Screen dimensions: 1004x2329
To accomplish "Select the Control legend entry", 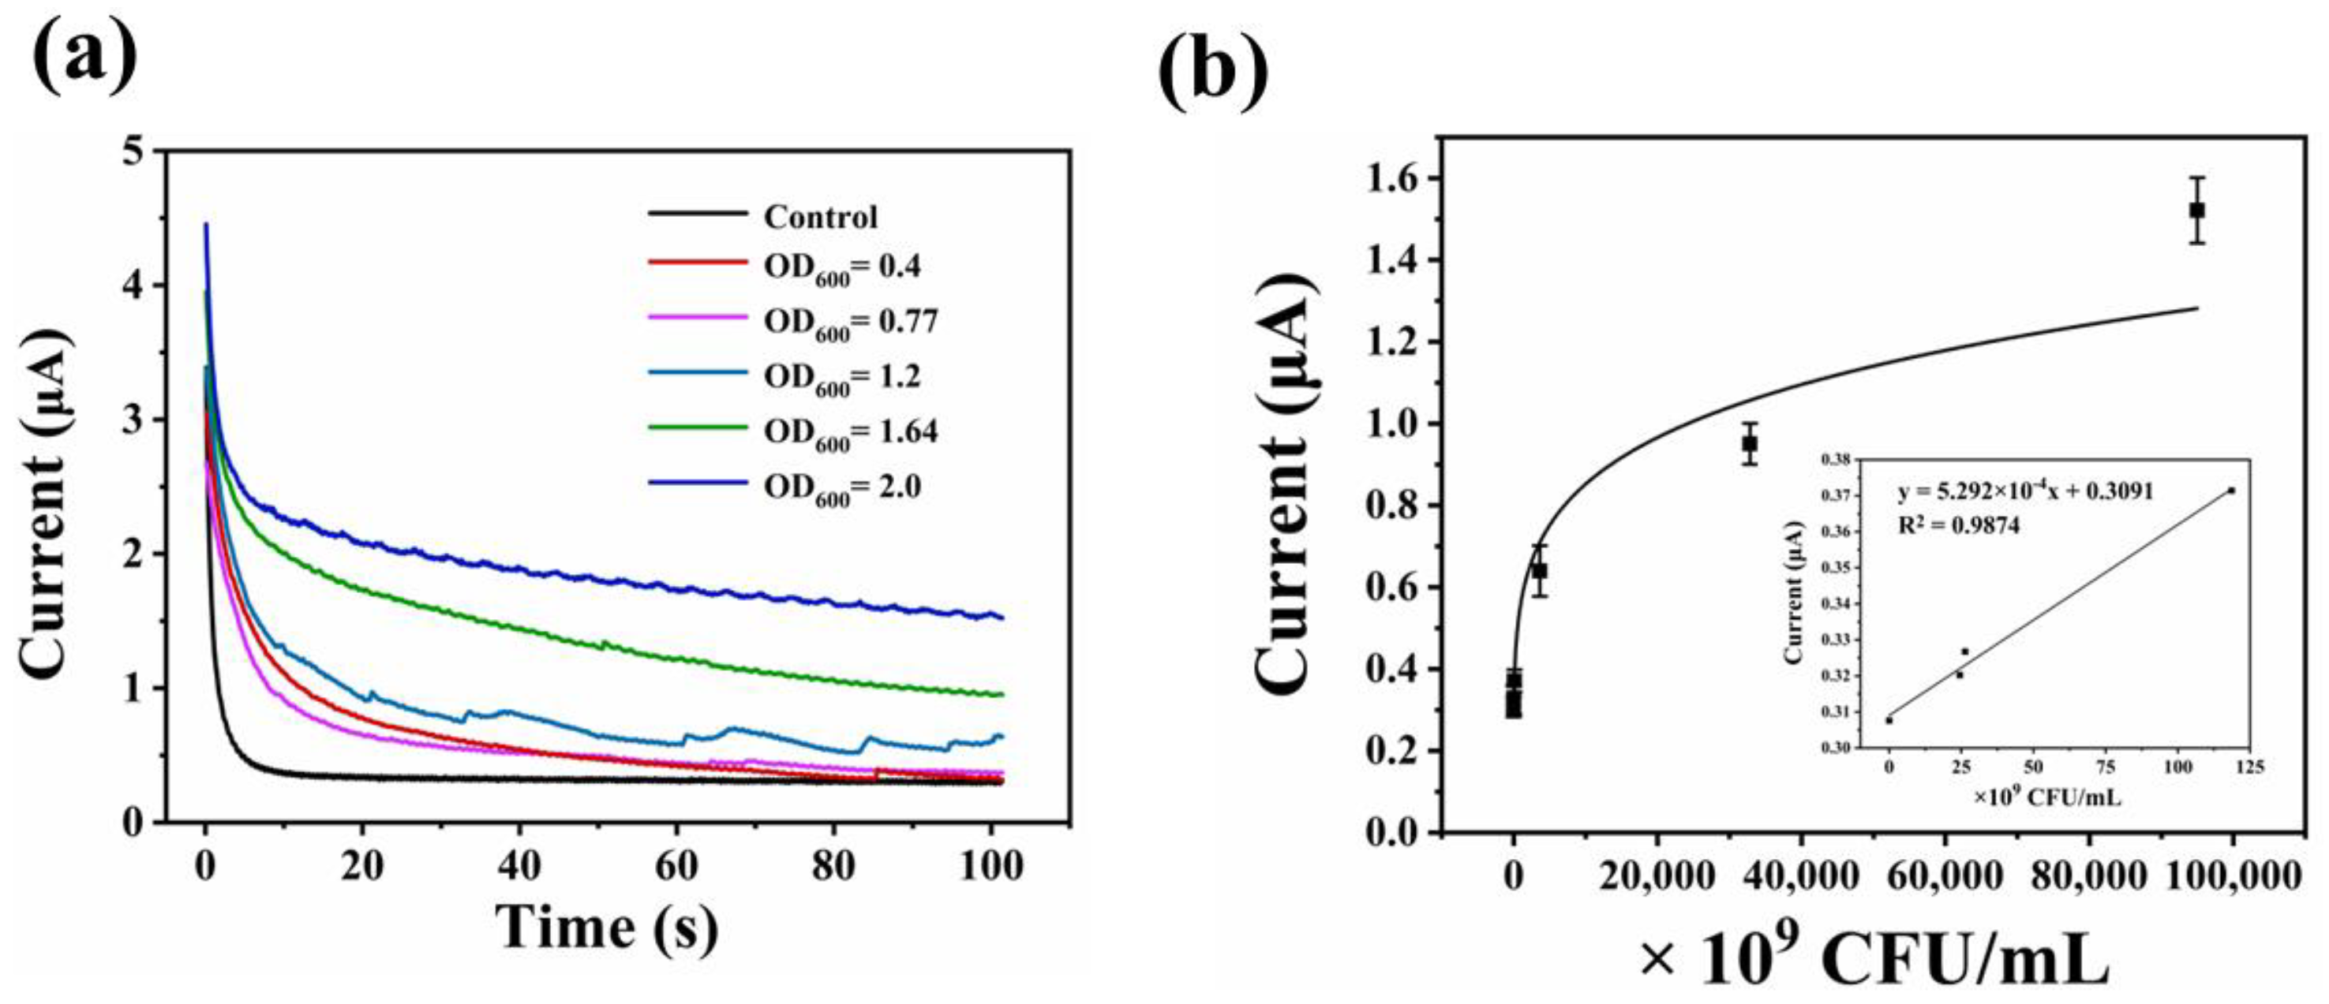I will pos(820,217).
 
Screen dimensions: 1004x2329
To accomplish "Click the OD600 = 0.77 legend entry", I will pos(850,322).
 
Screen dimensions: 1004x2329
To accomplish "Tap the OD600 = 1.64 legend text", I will pos(850,432).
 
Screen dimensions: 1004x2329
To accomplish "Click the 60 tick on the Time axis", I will pos(676,866).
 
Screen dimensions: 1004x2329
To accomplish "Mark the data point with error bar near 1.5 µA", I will pos(2197,211).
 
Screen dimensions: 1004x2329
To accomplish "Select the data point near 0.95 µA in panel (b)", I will pos(1750,444).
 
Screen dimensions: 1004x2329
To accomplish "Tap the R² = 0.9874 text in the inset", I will pos(1958,525).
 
